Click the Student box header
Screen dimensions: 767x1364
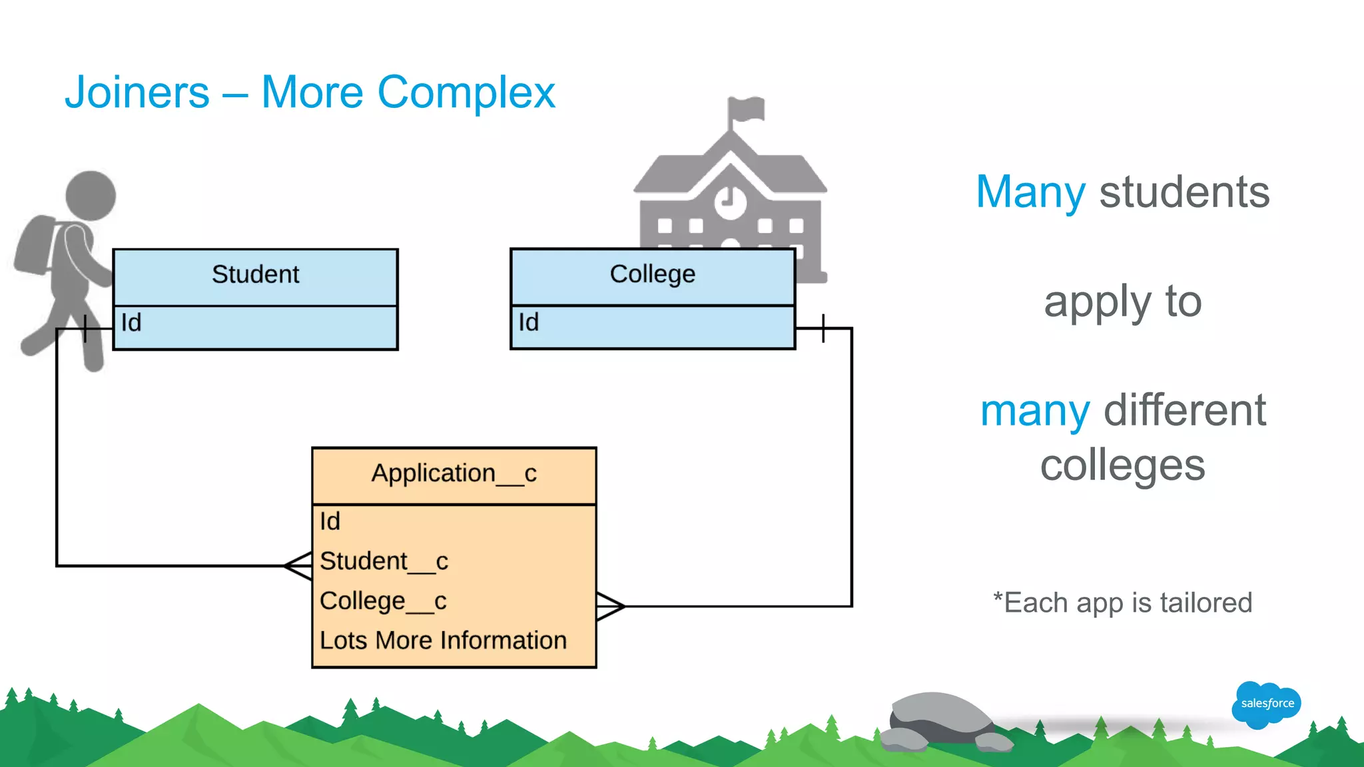(255, 275)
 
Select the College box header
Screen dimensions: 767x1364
(652, 274)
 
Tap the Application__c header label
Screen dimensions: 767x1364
(454, 474)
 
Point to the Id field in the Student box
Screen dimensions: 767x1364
(131, 323)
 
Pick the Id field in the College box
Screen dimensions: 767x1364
(529, 323)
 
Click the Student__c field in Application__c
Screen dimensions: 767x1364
(384, 561)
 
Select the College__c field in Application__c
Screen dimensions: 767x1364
(383, 601)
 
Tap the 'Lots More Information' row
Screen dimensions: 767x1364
(443, 640)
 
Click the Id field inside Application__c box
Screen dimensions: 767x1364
(330, 521)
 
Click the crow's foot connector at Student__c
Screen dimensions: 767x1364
(298, 566)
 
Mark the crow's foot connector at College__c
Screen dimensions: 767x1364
(610, 606)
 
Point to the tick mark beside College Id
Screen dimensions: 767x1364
(823, 328)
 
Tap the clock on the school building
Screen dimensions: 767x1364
(731, 200)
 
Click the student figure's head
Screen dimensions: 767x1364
(91, 195)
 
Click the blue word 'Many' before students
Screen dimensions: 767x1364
(1030, 192)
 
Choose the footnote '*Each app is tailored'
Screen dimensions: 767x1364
(1122, 603)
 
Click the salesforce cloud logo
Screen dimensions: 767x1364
(1266, 704)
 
